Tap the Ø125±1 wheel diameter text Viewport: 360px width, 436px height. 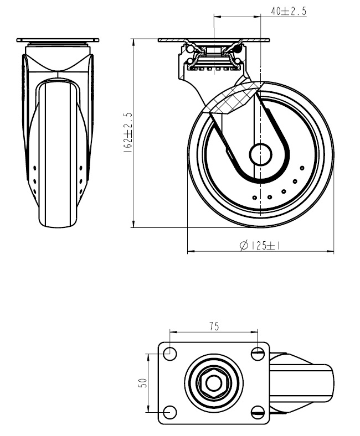click(261, 246)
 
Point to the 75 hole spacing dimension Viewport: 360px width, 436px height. click(214, 326)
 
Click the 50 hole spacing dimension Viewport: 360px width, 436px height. click(142, 382)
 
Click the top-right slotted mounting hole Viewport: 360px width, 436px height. click(257, 352)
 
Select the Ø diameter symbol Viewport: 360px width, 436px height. click(243, 246)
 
